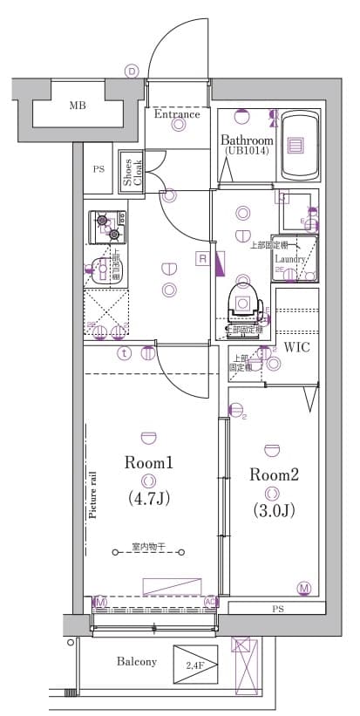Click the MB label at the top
coord(78,106)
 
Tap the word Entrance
coord(177,114)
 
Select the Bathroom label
coord(247,140)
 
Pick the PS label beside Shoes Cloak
coord(98,169)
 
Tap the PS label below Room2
coord(277,608)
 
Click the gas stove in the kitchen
coord(106,226)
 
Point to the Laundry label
coord(289,259)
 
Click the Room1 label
coord(149,463)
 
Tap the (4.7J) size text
coord(149,499)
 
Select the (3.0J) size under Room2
coord(274,511)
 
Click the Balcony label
coord(137,662)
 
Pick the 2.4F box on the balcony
coord(194,665)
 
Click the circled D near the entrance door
coord(132,71)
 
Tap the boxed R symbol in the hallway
coord(201,259)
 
